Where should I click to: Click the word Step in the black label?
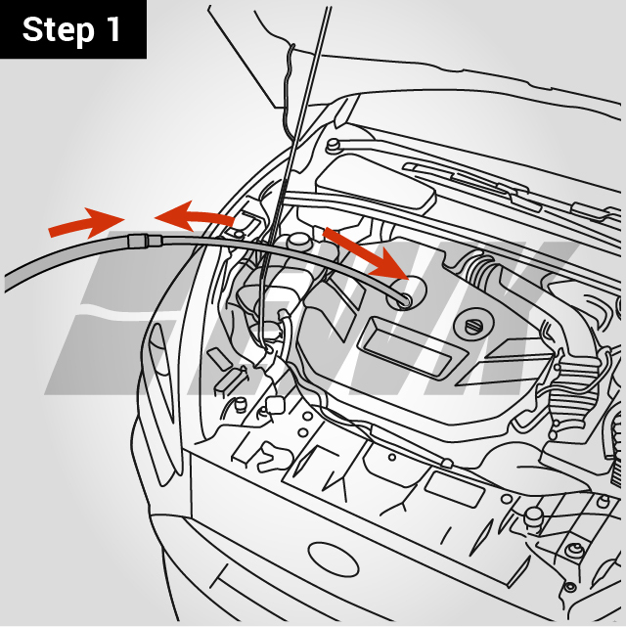tap(60, 29)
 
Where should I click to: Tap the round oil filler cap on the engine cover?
tap(474, 326)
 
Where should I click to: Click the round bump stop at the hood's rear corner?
tap(333, 147)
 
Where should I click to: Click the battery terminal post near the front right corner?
tap(533, 515)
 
